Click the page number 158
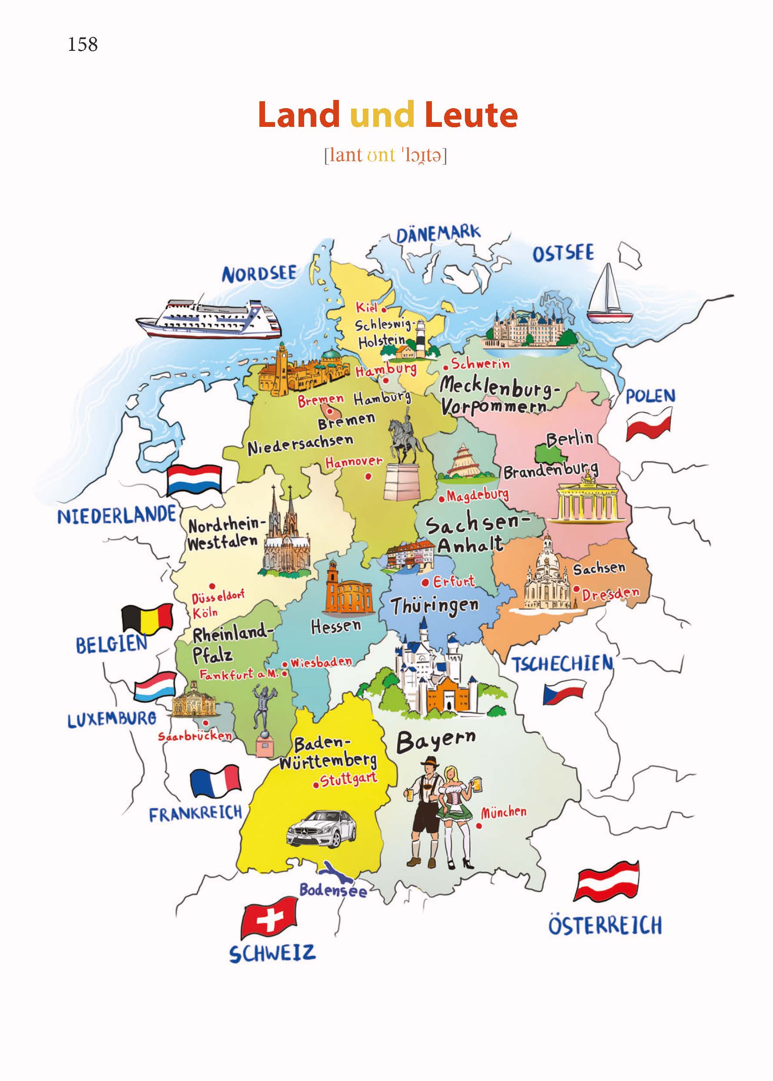click(x=83, y=44)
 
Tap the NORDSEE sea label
click(x=259, y=274)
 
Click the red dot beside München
click(x=479, y=826)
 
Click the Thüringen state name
click(x=435, y=607)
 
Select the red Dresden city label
click(x=610, y=594)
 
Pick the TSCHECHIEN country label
click(x=562, y=664)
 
